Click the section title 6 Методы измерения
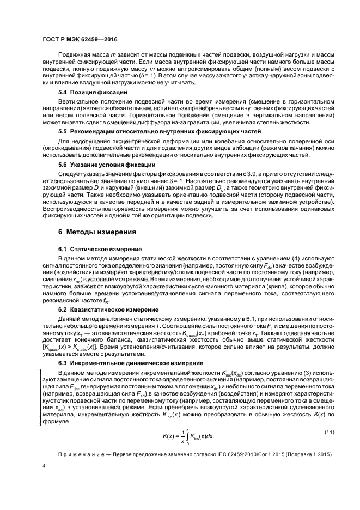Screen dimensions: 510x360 coord(97,232)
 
